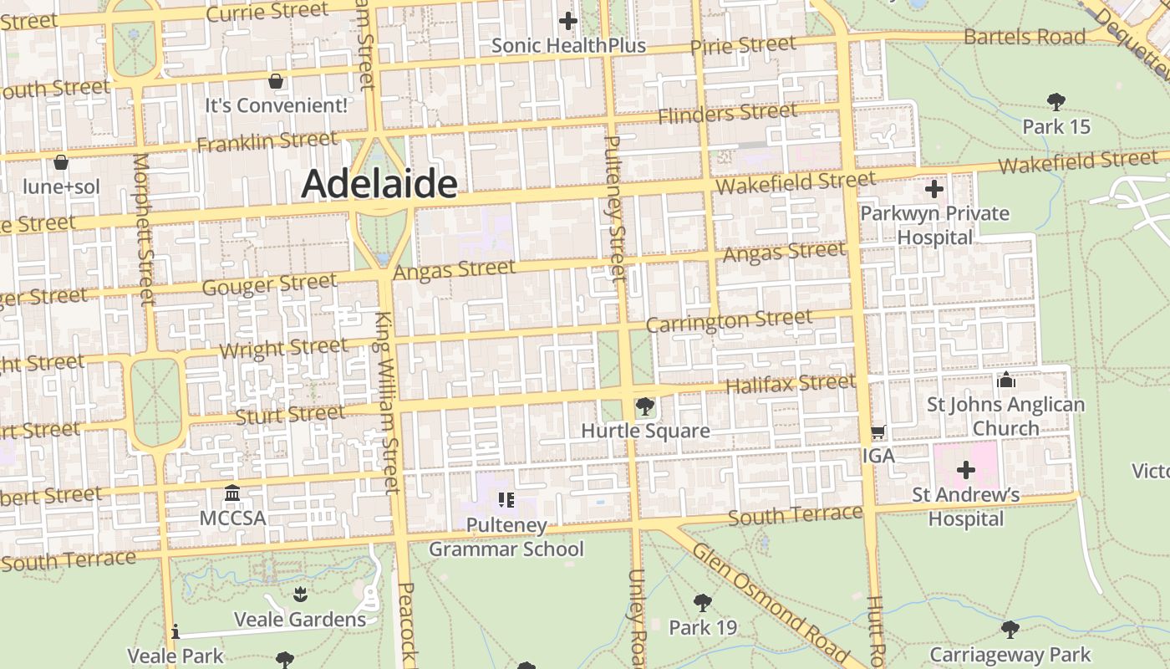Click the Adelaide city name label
pos(379,184)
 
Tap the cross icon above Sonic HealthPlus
pos(568,20)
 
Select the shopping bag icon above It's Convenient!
pos(276,81)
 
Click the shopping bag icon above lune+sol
pos(60,161)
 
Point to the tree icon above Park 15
pos(1056,102)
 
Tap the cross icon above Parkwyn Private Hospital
pos(934,189)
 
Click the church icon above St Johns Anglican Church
pos(1006,380)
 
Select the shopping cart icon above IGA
pos(878,432)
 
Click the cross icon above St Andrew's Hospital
pos(966,470)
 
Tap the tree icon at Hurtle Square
pos(644,407)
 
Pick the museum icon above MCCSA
pos(232,493)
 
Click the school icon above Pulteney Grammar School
pos(506,500)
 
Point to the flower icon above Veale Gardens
pos(300,595)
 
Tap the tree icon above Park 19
pos(703,602)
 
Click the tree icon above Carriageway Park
pos(1010,629)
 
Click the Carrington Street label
pos(729,320)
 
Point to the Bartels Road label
pos(1025,37)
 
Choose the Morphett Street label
pos(144,227)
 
